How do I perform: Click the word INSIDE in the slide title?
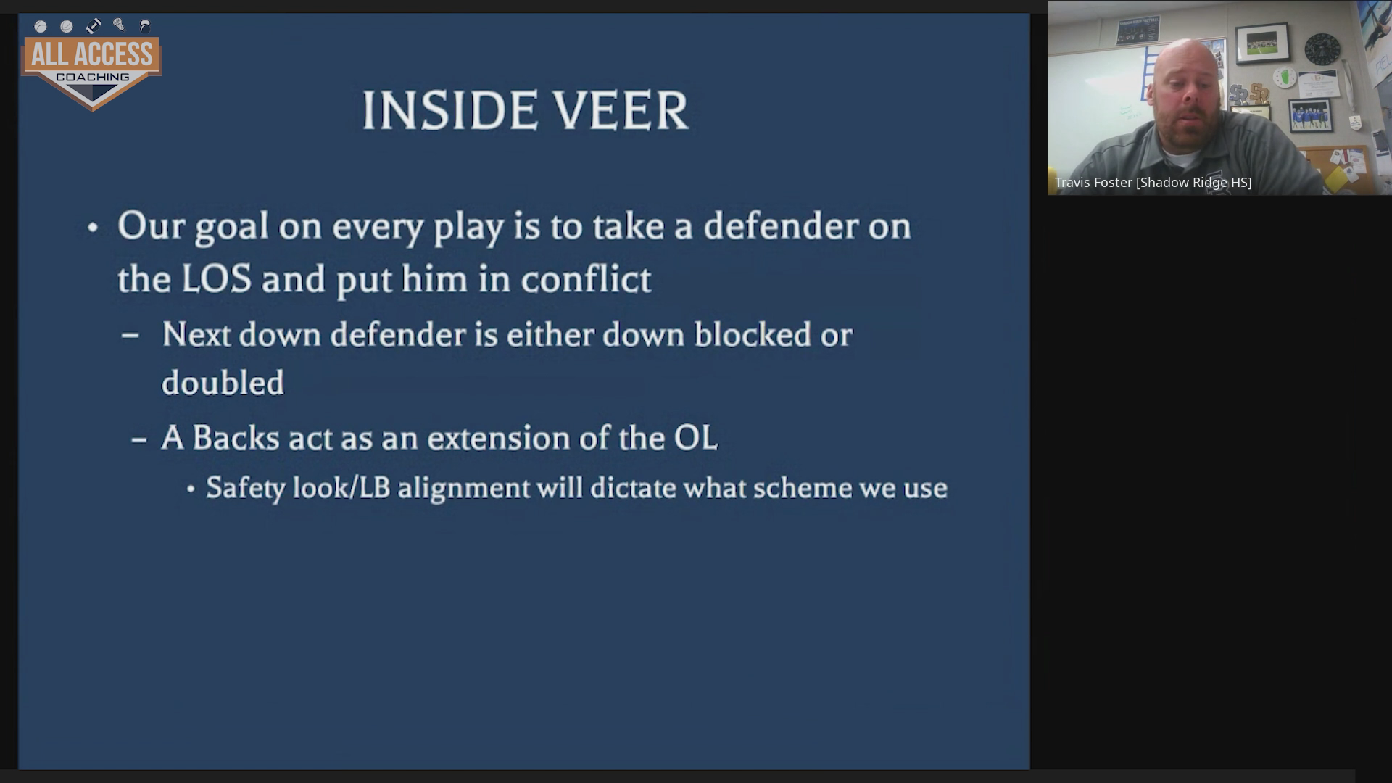point(447,111)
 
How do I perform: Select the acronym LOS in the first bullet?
point(216,279)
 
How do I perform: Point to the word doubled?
point(223,383)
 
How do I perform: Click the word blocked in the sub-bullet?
point(753,334)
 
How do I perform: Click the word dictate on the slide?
point(633,487)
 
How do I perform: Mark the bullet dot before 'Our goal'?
point(92,228)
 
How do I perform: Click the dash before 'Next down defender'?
point(130,335)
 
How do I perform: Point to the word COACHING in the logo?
point(93,77)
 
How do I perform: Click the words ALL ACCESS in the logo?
point(92,54)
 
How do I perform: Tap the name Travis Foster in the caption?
point(1093,183)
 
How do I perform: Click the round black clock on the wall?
point(1322,49)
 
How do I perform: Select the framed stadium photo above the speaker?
point(1262,44)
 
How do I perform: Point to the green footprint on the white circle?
point(1285,77)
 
